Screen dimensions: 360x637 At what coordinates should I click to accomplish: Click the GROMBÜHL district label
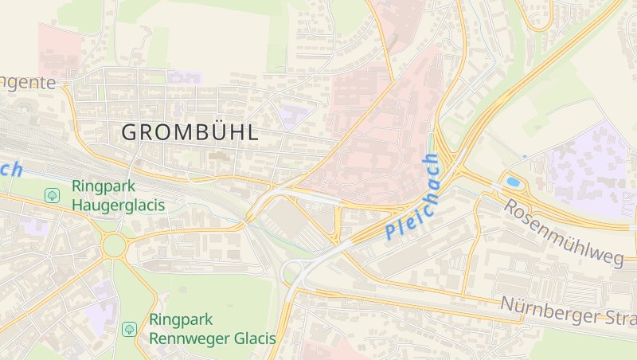190,133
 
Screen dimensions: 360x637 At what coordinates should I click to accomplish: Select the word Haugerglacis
118,205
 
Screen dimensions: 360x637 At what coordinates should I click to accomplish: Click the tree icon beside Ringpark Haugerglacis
53,195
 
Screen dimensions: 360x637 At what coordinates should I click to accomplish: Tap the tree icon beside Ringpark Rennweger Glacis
129,328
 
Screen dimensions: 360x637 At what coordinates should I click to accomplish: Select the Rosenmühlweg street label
563,233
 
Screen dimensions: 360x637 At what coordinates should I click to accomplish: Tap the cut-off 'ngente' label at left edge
28,82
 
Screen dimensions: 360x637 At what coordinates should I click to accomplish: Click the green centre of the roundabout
115,245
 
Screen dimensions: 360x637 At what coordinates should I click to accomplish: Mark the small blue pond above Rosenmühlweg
514,182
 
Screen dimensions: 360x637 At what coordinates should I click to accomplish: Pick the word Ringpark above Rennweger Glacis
180,320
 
